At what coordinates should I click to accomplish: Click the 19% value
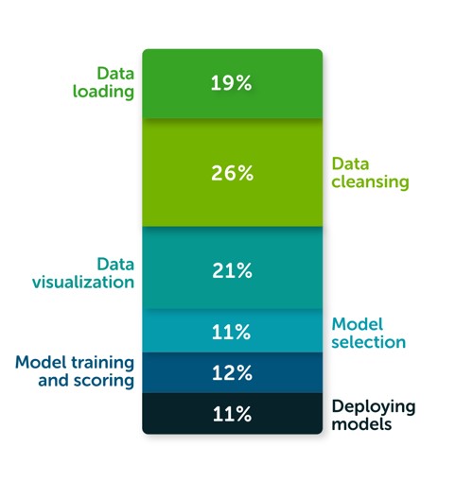click(x=231, y=83)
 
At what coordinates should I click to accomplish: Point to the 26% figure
click(x=232, y=173)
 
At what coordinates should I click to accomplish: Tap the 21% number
click(x=232, y=270)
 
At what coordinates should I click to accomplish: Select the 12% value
click(x=232, y=372)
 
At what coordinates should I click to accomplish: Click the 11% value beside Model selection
click(x=231, y=332)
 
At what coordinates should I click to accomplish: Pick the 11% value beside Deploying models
click(x=232, y=414)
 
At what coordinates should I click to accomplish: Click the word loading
click(x=103, y=93)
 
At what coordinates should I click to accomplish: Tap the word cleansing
click(x=370, y=182)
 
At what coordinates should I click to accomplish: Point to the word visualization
click(x=83, y=282)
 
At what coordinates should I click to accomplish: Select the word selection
click(x=369, y=342)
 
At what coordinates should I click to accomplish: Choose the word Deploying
click(x=374, y=407)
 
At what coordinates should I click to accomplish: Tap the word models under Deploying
click(x=361, y=424)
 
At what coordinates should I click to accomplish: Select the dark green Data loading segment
click(x=233, y=84)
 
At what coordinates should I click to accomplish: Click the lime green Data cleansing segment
click(x=233, y=173)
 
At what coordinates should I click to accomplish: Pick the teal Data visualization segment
click(x=233, y=267)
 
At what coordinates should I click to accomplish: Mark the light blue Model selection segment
click(x=233, y=331)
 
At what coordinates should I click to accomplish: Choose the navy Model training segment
click(x=233, y=373)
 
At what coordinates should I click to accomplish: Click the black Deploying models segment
click(x=233, y=414)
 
